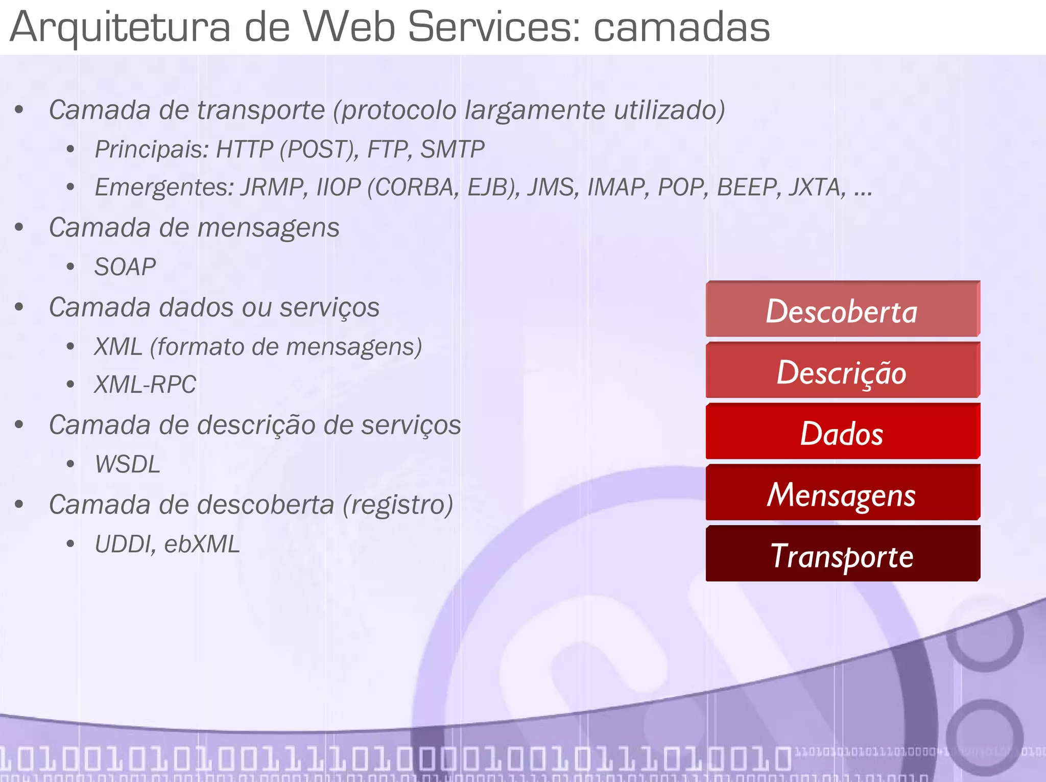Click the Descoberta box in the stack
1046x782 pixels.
pyautogui.click(x=842, y=310)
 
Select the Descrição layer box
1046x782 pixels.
pyautogui.click(x=842, y=371)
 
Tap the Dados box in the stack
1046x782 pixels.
pyautogui.click(x=842, y=433)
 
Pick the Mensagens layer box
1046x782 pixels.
pyautogui.click(x=842, y=494)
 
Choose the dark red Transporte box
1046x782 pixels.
pyautogui.click(x=842, y=555)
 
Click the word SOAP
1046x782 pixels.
pyautogui.click(x=125, y=267)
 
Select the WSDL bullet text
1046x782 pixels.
pyautogui.click(x=128, y=464)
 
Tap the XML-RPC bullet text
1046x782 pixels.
pyautogui.click(x=145, y=385)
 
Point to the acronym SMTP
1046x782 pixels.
pyautogui.click(x=453, y=150)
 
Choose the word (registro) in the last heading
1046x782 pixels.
pyautogui.click(x=398, y=505)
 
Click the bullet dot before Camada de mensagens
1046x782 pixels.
pyautogui.click(x=19, y=228)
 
